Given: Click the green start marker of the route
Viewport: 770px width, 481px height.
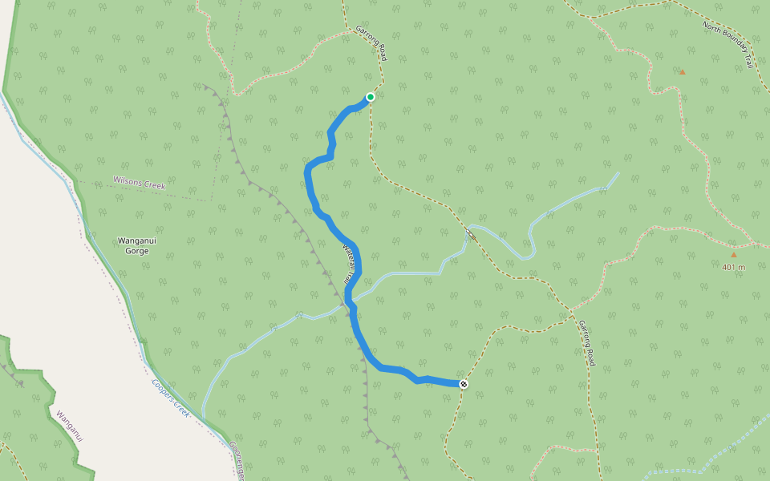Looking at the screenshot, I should (371, 97).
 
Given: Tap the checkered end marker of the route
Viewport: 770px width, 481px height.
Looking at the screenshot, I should (464, 384).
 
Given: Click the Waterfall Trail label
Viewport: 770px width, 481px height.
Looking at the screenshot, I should (350, 265).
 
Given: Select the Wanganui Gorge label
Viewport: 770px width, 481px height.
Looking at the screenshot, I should (133, 245).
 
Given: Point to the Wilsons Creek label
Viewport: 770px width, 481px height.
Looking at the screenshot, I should (139, 184).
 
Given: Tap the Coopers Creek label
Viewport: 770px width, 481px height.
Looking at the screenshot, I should (169, 398).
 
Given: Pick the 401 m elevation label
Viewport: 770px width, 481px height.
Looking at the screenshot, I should (733, 267).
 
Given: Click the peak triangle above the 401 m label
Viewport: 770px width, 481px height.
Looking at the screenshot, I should (733, 254).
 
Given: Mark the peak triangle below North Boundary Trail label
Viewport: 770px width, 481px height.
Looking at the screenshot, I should (682, 72).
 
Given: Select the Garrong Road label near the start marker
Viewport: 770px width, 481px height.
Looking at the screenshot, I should (371, 44).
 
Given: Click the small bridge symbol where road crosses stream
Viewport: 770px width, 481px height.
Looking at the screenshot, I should (468, 233).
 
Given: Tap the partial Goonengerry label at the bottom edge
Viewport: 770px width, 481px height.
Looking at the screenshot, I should (237, 460).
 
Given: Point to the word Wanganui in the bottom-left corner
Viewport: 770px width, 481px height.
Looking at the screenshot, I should (70, 426).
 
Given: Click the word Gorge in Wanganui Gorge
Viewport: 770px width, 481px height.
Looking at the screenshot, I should (133, 251).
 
